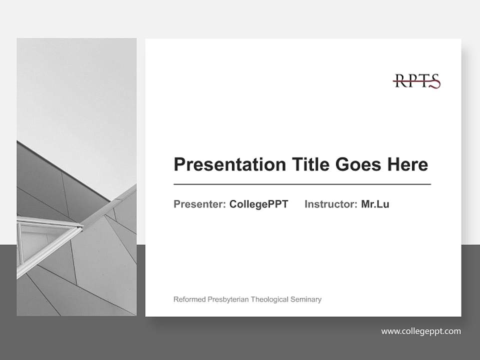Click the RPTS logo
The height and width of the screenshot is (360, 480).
[x=416, y=81]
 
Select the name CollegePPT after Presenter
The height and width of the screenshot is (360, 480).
[x=258, y=204]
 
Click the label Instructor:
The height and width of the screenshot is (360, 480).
[x=331, y=204]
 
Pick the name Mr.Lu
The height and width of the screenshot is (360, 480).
[x=375, y=204]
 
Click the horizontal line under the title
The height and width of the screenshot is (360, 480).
[x=302, y=184]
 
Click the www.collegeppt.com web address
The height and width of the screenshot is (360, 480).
[x=421, y=331]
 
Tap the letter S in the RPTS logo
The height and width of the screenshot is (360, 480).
[x=434, y=81]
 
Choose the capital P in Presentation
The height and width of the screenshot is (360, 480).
[x=179, y=164]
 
